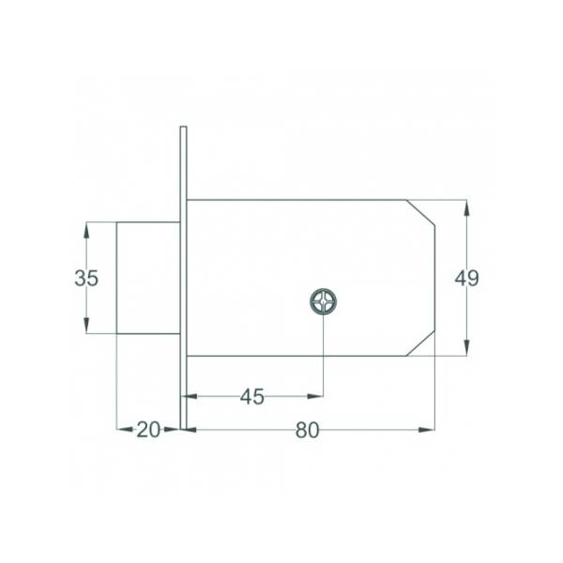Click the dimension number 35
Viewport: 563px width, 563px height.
pyautogui.click(x=86, y=278)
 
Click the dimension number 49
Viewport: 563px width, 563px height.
pyautogui.click(x=466, y=278)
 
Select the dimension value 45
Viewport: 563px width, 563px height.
pyautogui.click(x=252, y=397)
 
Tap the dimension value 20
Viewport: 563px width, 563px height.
pyautogui.click(x=148, y=430)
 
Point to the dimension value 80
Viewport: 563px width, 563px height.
pyautogui.click(x=307, y=430)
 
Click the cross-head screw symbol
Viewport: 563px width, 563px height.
pyautogui.click(x=323, y=301)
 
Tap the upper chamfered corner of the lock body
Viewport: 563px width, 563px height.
pyautogui.click(x=420, y=213)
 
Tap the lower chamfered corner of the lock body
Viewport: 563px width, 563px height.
pyautogui.click(x=420, y=343)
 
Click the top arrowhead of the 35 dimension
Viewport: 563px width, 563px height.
pyautogui.click(x=86, y=230)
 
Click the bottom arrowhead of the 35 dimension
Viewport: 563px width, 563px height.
pyautogui.click(x=86, y=326)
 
